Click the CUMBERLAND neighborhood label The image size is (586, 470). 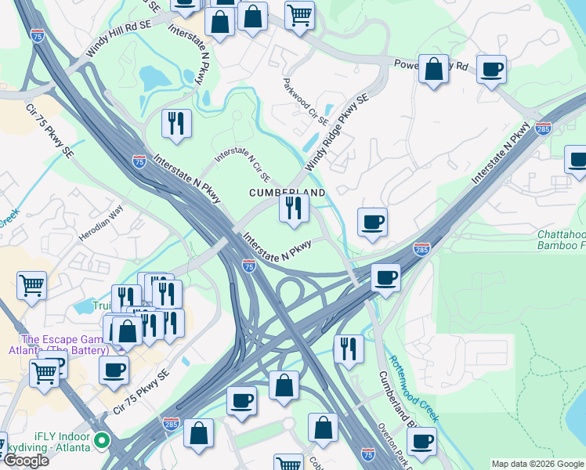click(x=287, y=192)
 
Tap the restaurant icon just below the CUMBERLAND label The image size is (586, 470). click(x=294, y=208)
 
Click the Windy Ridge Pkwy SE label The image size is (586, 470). click(x=336, y=133)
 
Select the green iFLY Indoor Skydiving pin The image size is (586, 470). click(x=100, y=441)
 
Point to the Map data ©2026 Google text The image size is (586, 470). click(x=537, y=464)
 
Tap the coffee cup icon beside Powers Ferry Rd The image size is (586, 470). click(x=491, y=70)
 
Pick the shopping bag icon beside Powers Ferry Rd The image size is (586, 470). click(x=433, y=70)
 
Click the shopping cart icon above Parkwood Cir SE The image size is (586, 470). click(x=299, y=15)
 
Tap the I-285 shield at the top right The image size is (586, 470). click(x=544, y=128)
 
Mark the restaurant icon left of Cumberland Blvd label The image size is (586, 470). click(x=349, y=349)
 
